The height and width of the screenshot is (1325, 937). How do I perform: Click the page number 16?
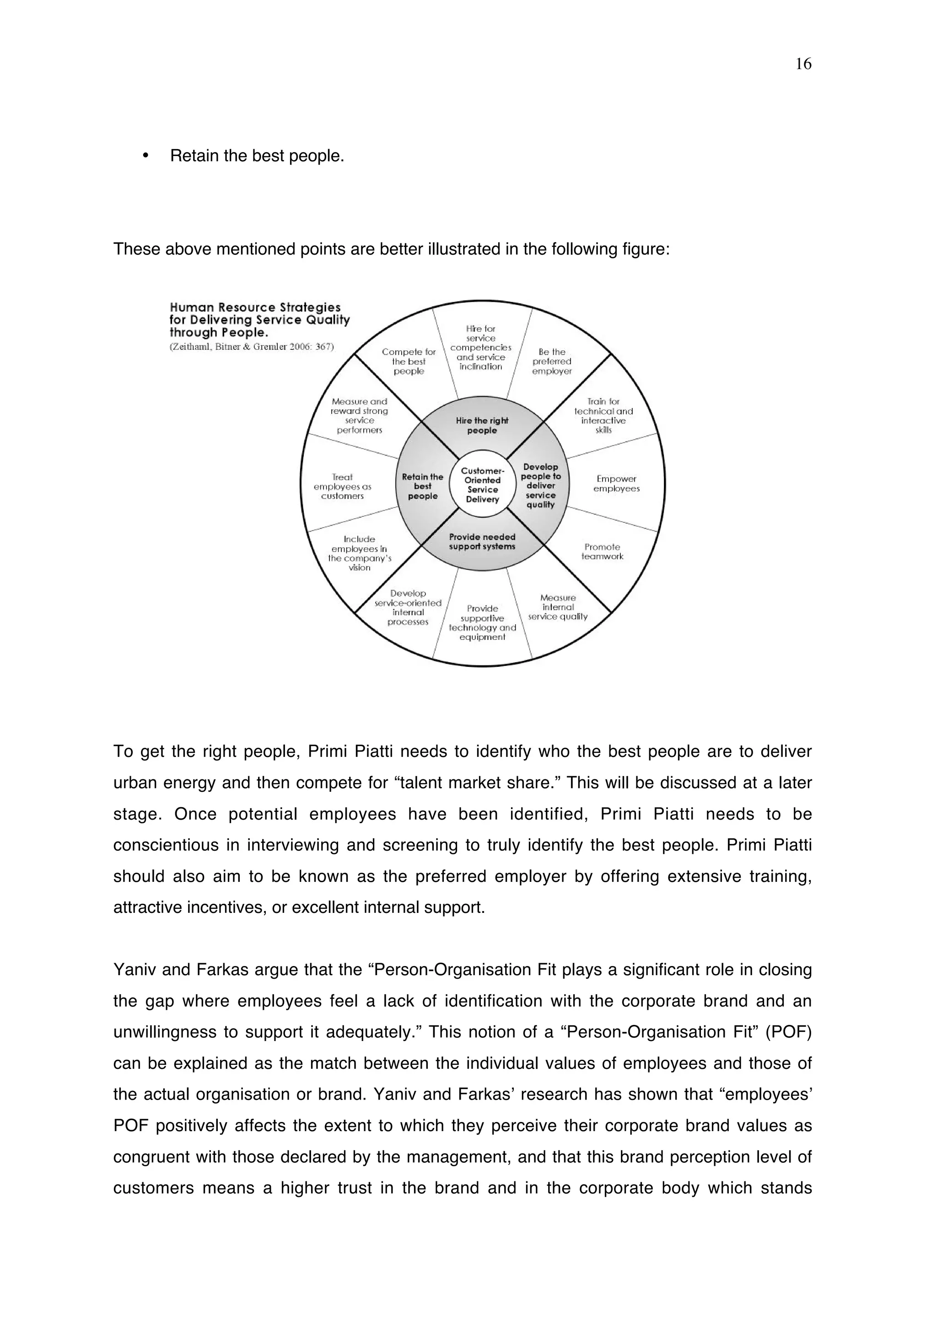[x=803, y=64]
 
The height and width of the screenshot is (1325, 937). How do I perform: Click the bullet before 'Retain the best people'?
[x=145, y=156]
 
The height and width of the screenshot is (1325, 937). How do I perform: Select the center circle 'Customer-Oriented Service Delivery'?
[x=483, y=485]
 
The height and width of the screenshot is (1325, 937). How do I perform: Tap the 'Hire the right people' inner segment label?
[x=482, y=426]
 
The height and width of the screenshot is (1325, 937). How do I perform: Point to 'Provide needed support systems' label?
[x=482, y=542]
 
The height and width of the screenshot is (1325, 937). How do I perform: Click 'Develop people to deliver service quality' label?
[x=540, y=485]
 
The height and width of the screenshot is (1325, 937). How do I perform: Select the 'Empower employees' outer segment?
[x=616, y=483]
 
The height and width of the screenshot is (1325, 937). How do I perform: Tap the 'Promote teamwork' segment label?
[x=602, y=552]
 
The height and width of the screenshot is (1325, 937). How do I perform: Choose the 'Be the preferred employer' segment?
[x=552, y=361]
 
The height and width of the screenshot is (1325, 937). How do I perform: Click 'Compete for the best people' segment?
[x=409, y=361]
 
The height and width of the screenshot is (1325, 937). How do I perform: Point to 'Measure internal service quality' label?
[x=558, y=607]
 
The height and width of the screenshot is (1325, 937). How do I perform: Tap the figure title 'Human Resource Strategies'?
[x=255, y=308]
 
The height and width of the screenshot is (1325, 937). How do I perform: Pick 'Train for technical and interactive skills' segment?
[x=603, y=415]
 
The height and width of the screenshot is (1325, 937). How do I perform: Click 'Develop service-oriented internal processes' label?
[x=408, y=608]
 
